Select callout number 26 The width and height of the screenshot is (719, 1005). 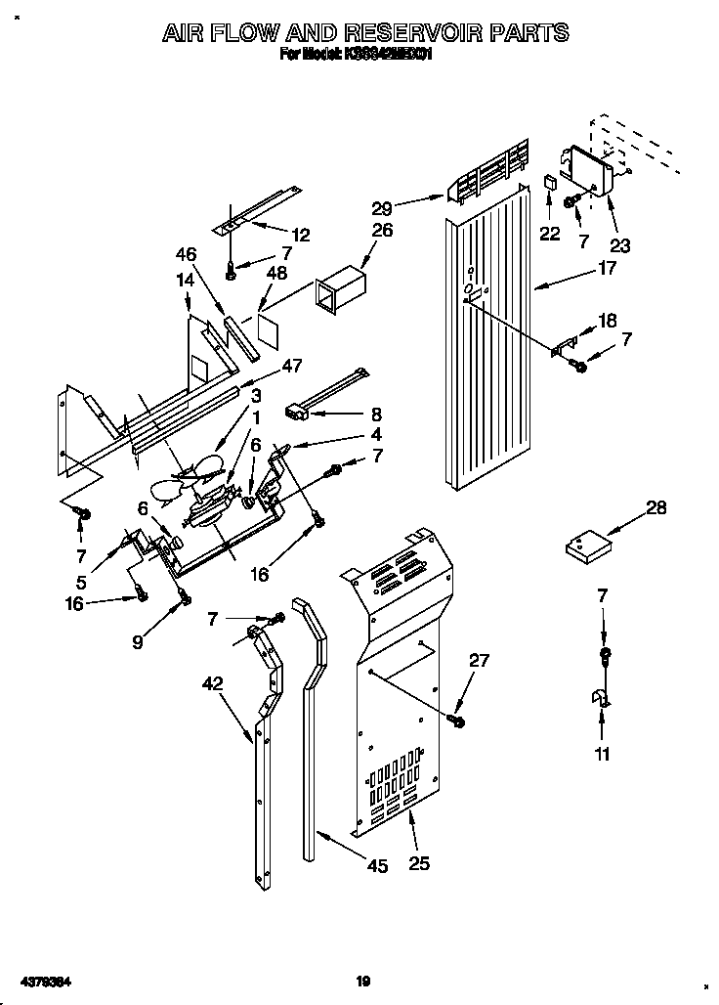point(382,231)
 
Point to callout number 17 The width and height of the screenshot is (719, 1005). point(606,267)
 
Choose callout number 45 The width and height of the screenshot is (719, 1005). point(375,865)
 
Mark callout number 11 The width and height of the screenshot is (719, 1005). point(602,754)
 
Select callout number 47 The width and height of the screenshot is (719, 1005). point(291,366)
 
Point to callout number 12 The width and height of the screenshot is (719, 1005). point(300,235)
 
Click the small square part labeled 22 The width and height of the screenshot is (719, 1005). point(552,183)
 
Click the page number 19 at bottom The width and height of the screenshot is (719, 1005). point(362,981)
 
